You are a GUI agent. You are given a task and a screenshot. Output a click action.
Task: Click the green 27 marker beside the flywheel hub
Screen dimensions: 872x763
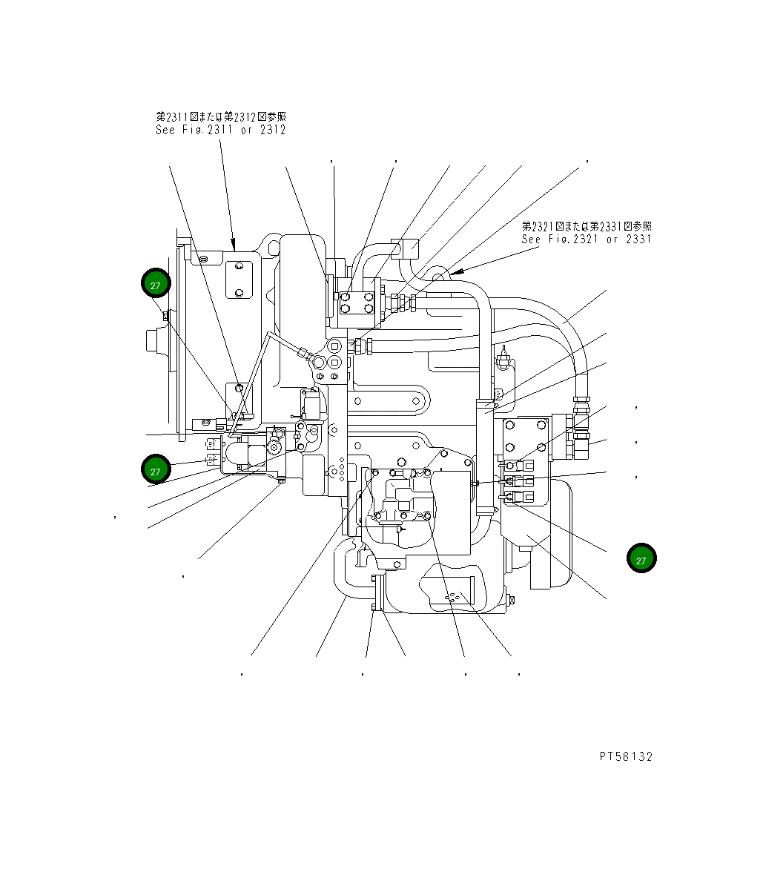(156, 285)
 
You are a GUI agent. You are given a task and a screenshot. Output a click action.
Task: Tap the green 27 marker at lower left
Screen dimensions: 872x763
(156, 471)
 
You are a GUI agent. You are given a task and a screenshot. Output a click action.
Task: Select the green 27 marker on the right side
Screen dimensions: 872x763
(641, 560)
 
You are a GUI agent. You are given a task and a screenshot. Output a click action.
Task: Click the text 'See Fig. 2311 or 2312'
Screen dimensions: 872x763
(220, 130)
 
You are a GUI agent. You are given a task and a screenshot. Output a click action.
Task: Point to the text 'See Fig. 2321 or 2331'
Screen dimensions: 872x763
(586, 239)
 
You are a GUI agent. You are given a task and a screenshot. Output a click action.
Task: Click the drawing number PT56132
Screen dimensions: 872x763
(626, 756)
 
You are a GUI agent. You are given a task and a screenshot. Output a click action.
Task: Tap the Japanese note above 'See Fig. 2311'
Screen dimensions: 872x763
(220, 116)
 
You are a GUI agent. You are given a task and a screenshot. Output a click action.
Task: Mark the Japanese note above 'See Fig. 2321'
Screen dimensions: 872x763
(586, 225)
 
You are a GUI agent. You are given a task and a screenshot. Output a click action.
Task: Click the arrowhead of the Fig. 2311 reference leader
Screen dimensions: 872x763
(234, 245)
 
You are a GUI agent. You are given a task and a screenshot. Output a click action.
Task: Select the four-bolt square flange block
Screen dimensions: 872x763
(356, 304)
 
